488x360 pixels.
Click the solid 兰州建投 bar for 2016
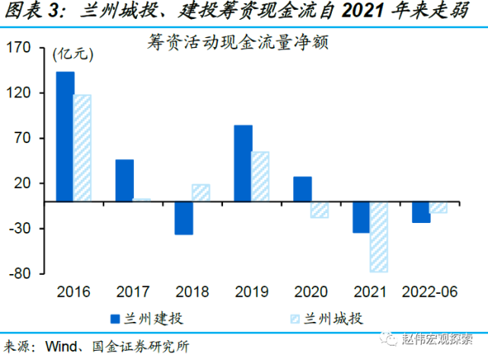(x=65, y=136)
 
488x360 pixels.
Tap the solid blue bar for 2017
(x=124, y=180)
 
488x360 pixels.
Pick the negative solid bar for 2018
(x=183, y=218)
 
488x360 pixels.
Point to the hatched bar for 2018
(x=201, y=193)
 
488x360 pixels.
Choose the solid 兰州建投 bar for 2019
(x=243, y=163)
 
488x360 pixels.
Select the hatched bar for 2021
(x=378, y=237)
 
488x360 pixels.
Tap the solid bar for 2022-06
(x=421, y=212)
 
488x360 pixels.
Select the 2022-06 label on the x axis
(x=429, y=292)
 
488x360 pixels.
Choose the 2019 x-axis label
(x=251, y=292)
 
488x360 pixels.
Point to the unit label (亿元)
(x=71, y=55)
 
